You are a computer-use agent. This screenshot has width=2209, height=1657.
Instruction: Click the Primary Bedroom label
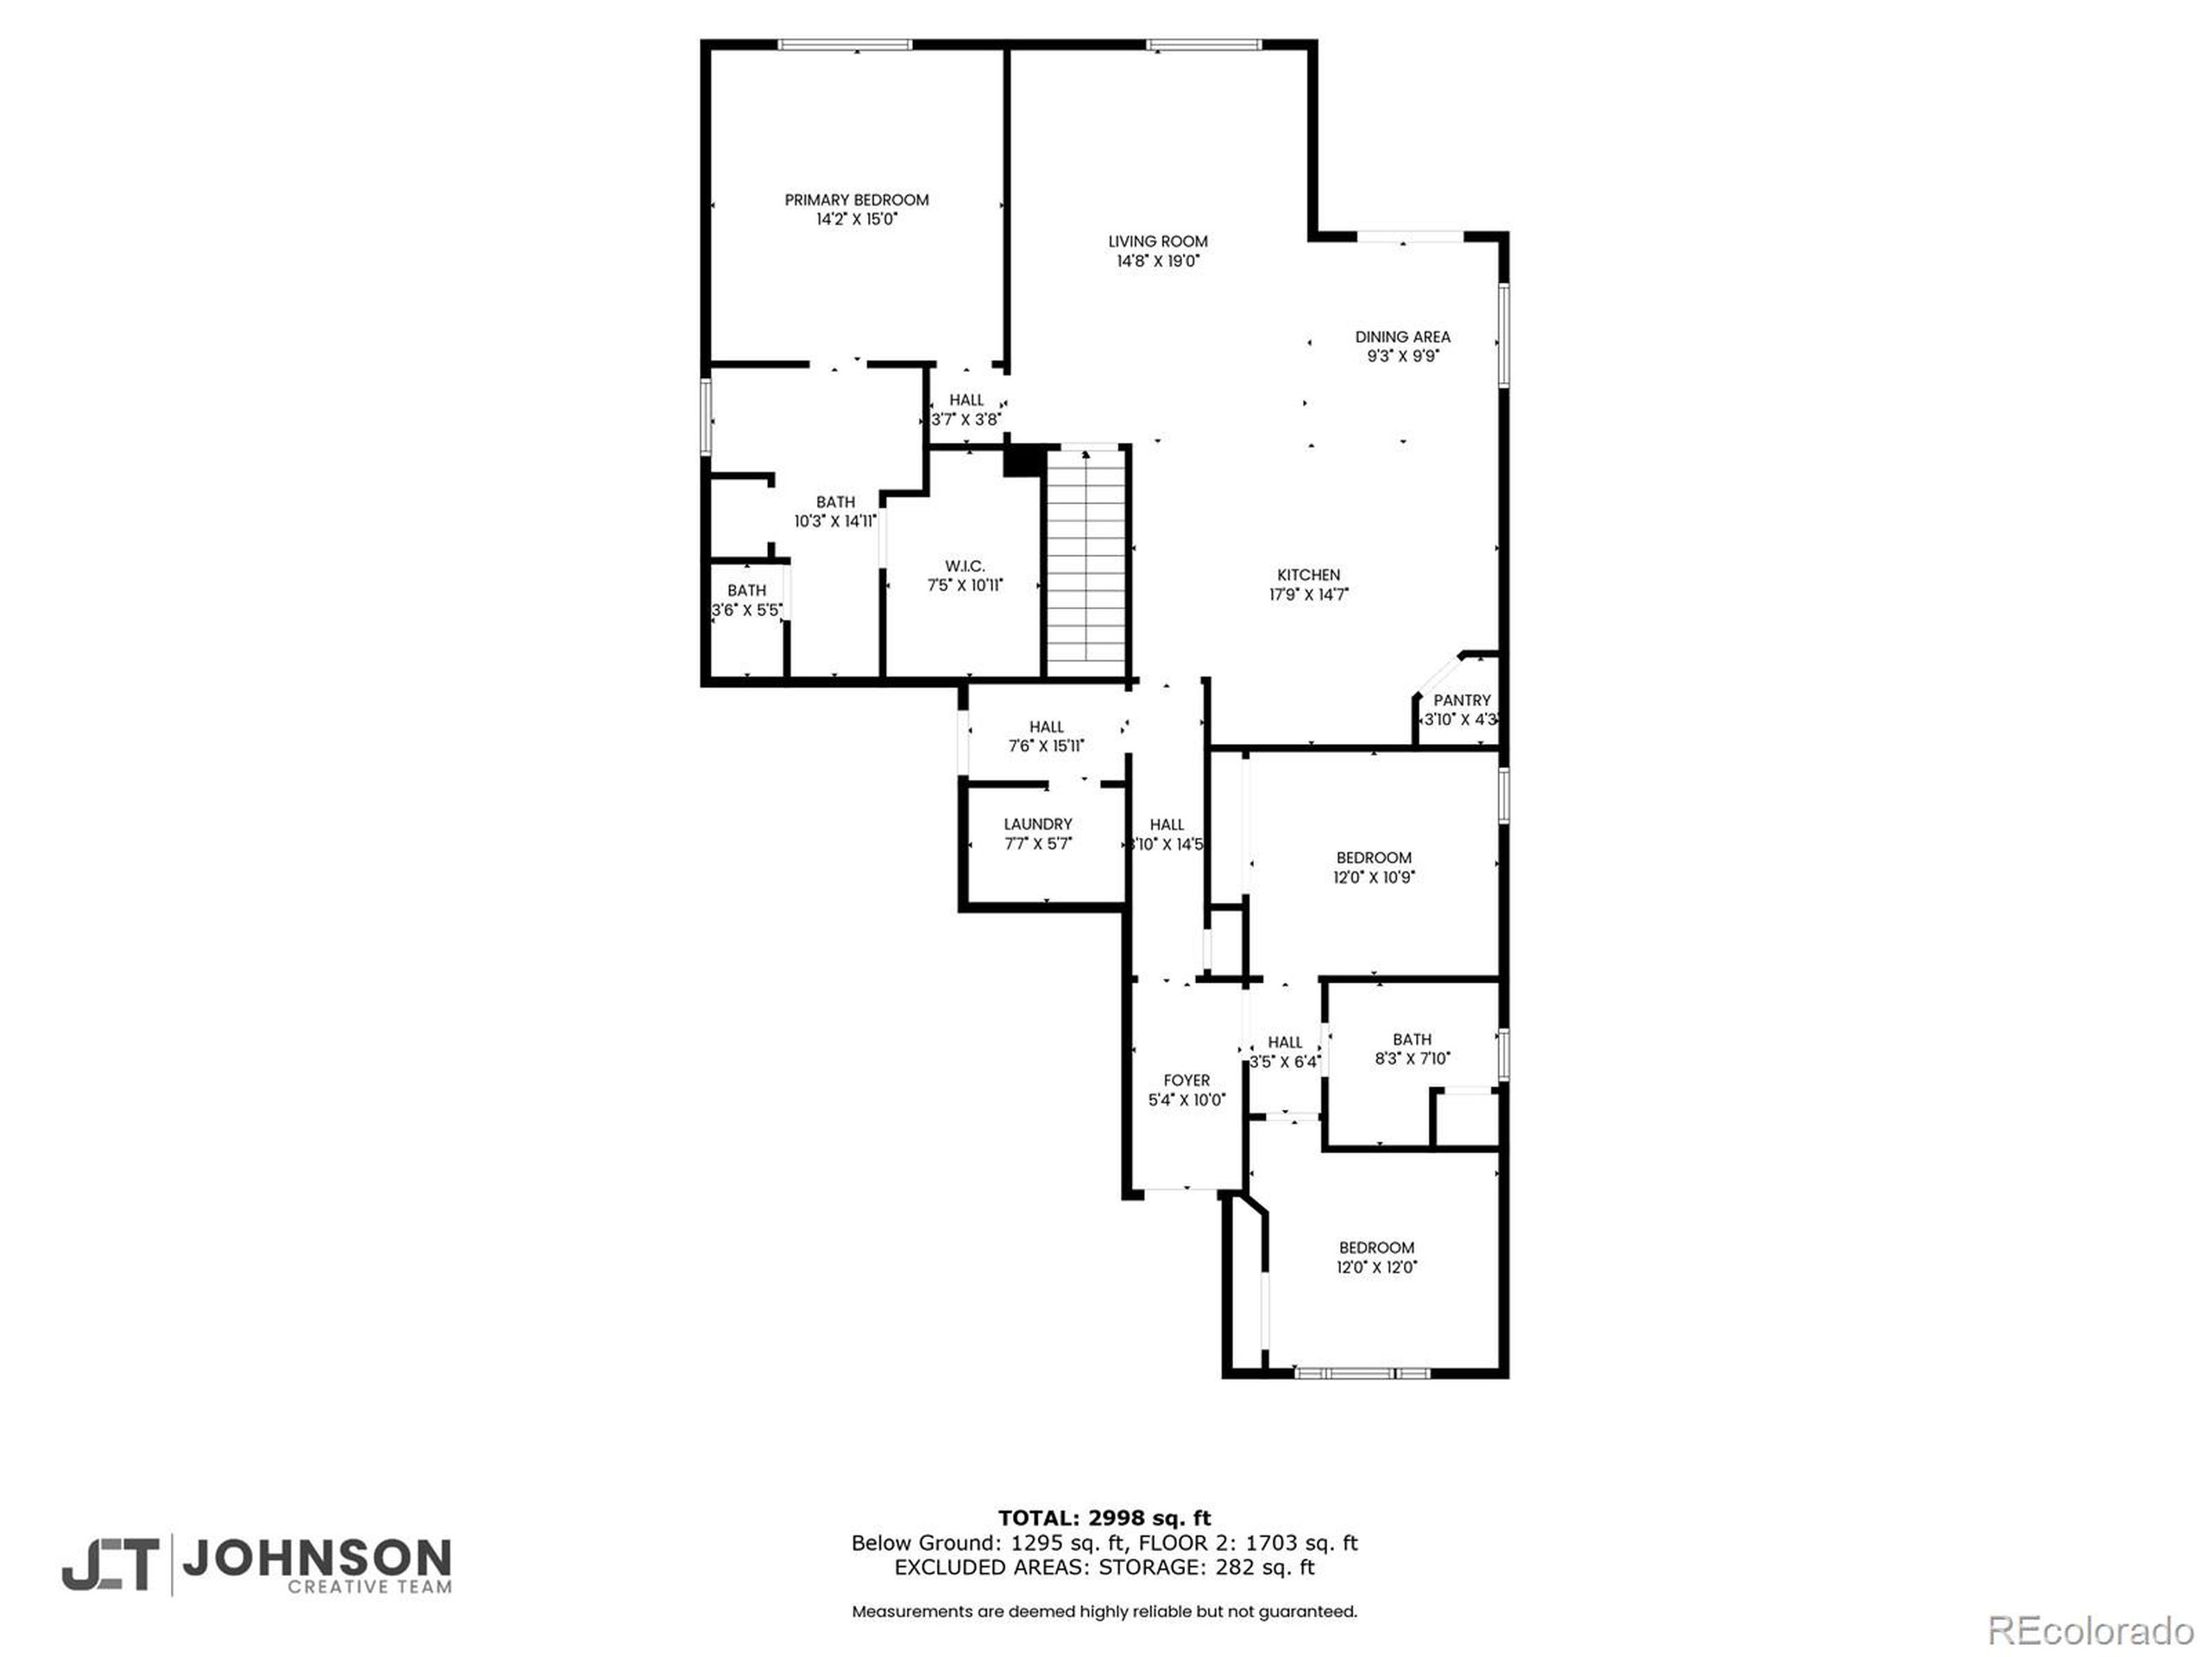(856, 199)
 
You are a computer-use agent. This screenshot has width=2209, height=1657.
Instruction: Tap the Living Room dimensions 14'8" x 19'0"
(1157, 261)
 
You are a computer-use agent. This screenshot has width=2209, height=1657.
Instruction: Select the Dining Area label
(1402, 337)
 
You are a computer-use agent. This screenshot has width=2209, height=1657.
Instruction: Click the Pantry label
(1461, 700)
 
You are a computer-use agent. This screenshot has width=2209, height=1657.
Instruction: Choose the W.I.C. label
(965, 566)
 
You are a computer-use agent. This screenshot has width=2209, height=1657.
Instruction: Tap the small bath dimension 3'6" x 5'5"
(746, 609)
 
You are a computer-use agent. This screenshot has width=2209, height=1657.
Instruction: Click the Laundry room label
(1037, 824)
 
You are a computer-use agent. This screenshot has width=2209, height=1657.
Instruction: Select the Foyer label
(1186, 1080)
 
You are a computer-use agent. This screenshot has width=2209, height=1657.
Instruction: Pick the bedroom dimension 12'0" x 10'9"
(1373, 877)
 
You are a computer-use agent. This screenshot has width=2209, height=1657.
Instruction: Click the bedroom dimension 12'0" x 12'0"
(1376, 1266)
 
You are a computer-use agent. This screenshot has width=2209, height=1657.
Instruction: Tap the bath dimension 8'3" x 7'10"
(1411, 1058)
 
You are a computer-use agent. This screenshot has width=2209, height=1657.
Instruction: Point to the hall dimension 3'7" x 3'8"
(966, 419)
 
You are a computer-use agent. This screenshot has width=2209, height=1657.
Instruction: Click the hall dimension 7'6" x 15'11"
(1046, 745)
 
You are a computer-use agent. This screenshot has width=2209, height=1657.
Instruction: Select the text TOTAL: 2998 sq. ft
(1104, 1518)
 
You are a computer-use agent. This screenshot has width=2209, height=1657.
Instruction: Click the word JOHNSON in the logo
(317, 1557)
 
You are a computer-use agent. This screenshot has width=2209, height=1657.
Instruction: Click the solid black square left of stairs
(1023, 462)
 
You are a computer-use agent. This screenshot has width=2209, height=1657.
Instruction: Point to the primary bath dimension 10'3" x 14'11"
(835, 520)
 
